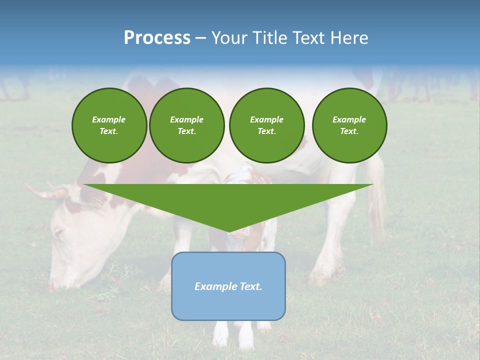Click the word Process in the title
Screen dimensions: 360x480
157,38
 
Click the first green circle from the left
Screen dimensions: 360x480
109,125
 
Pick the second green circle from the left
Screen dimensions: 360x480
186,125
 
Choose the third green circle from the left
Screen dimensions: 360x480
266,125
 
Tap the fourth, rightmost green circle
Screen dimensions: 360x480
349,125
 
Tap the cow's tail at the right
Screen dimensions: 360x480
376,195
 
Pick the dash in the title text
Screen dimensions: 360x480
201,38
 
